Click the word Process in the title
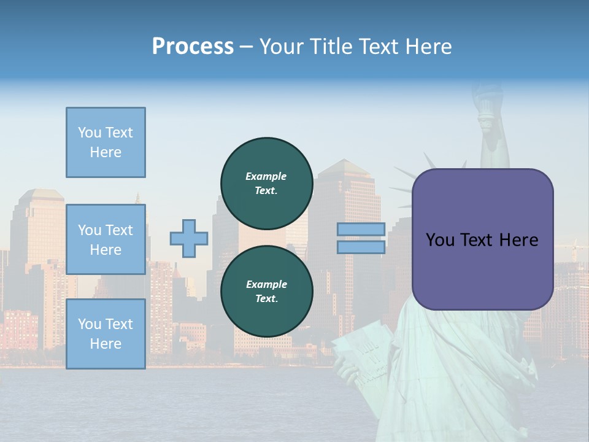click(x=193, y=47)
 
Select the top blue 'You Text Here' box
click(x=106, y=142)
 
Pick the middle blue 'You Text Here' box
click(x=106, y=239)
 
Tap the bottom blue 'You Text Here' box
click(x=106, y=334)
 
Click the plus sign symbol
click(x=188, y=239)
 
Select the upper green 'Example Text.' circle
click(x=266, y=183)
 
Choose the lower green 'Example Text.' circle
click(x=266, y=291)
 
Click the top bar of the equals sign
click(x=361, y=230)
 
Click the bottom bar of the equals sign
click(x=361, y=247)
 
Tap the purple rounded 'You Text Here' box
click(x=482, y=239)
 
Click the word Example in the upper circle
click(x=266, y=176)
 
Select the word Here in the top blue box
click(x=106, y=152)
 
